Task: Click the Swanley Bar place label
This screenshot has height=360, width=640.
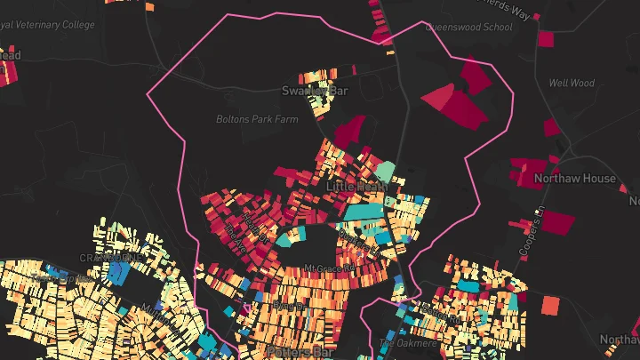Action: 314,91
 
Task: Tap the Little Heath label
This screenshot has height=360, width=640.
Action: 356,187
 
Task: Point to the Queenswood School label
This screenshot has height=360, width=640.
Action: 470,28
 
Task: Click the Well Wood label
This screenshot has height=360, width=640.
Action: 571,84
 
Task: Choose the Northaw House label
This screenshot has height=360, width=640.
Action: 574,178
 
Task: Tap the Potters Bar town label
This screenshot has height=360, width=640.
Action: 297,352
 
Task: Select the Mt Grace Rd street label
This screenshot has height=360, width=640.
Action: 330,267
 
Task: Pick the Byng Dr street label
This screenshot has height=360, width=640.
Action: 283,306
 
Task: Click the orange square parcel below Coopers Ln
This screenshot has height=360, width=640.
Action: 550,305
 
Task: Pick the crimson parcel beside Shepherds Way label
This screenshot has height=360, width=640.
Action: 546,38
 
